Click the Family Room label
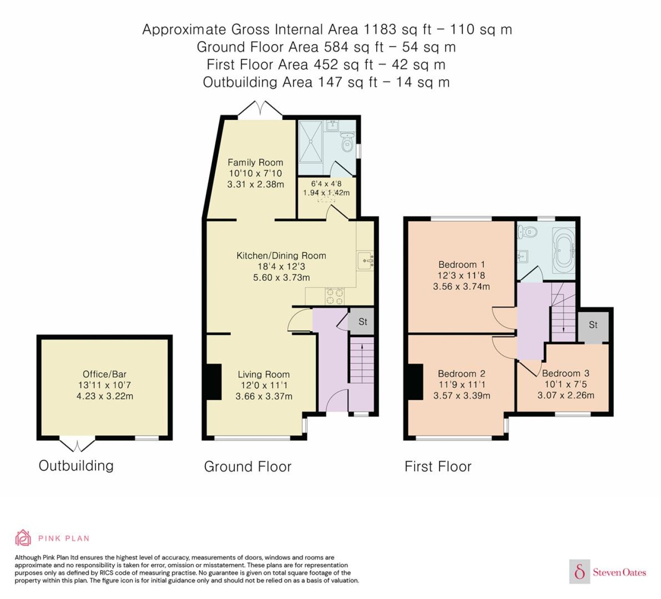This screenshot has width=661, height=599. [255, 162]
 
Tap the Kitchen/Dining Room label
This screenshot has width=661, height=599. [281, 256]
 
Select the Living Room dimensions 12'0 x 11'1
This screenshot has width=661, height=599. [263, 385]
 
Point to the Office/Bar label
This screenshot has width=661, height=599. [104, 374]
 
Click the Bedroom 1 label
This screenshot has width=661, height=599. [461, 265]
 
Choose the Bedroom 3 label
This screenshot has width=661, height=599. [566, 373]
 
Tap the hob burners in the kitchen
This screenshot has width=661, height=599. [335, 296]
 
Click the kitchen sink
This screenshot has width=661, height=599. [365, 260]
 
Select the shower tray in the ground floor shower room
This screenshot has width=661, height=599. [310, 141]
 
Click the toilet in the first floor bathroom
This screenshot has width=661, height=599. [527, 232]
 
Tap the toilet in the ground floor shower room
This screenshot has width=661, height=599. [347, 142]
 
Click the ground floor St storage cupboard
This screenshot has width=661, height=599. [362, 321]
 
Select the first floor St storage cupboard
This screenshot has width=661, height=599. [593, 325]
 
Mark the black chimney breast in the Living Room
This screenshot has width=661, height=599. [214, 382]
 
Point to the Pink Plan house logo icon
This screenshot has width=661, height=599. [23, 538]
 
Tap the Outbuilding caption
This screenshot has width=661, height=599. [76, 466]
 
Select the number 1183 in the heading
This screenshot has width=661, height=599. [380, 29]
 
